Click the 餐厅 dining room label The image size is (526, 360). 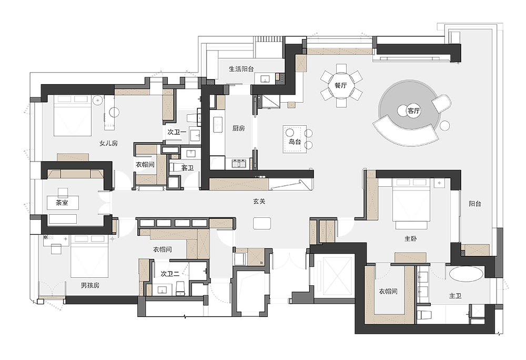pos(340,86)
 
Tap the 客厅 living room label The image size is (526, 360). pos(413,111)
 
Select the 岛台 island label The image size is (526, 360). pos(295,142)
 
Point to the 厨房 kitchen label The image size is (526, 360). pos(238,128)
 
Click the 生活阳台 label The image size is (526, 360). pos(241,69)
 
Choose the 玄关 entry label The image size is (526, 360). pos(259,201)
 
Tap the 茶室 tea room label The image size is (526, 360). pos(62,203)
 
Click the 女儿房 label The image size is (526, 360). pos(109,143)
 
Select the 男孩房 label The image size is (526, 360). pos(90,285)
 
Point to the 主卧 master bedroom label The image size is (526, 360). pos(411,238)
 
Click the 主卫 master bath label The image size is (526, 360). pos(455,296)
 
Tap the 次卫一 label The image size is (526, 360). pos(177,132)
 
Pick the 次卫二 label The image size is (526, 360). pos(170,274)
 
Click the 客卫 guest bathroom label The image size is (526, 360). pos(187,168)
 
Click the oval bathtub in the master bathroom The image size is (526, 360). pos(466,274)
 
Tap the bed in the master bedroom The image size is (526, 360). pos(411,204)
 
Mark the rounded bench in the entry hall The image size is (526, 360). pos(262,224)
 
